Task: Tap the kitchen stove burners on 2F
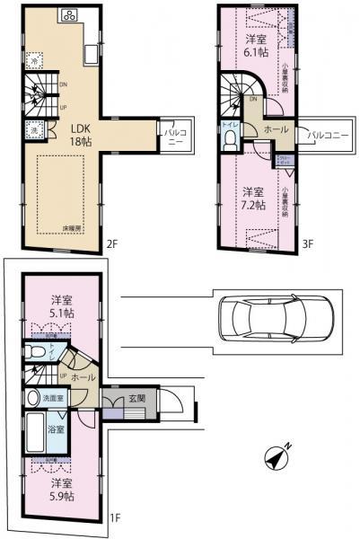pyautogui.click(x=68, y=15)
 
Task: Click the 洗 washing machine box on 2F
pyautogui.click(x=32, y=128)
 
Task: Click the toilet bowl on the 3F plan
pyautogui.click(x=230, y=139)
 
